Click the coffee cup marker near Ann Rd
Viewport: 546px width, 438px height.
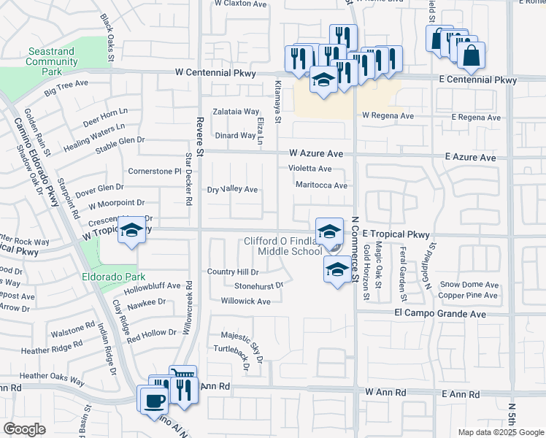155,401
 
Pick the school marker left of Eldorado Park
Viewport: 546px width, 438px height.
131,231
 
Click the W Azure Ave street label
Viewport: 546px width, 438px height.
315,154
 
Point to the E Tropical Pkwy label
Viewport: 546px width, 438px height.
396,234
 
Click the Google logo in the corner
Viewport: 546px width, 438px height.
24,429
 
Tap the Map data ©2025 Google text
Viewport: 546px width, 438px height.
500,432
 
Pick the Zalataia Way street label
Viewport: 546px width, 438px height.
236,112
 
